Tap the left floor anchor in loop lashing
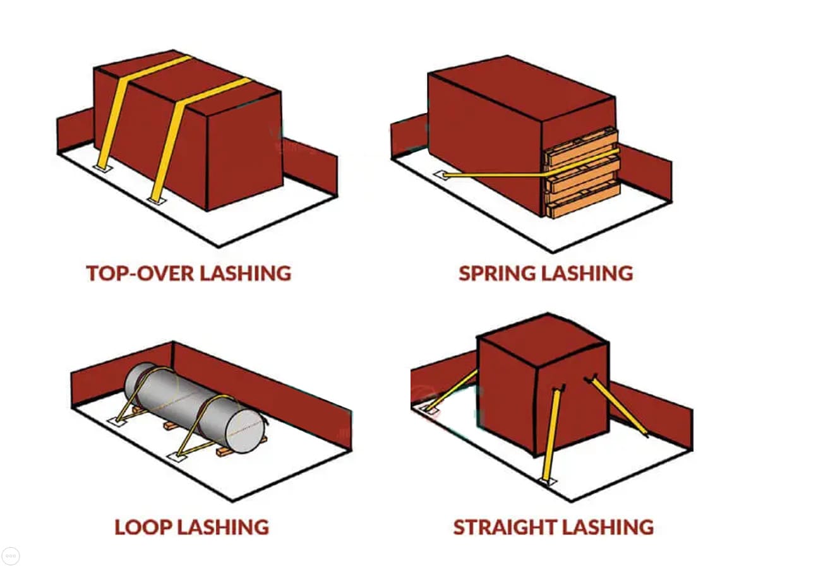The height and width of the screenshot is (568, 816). [x=119, y=420]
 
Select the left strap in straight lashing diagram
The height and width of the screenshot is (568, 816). [x=453, y=390]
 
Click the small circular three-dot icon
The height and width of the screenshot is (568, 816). [x=11, y=556]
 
